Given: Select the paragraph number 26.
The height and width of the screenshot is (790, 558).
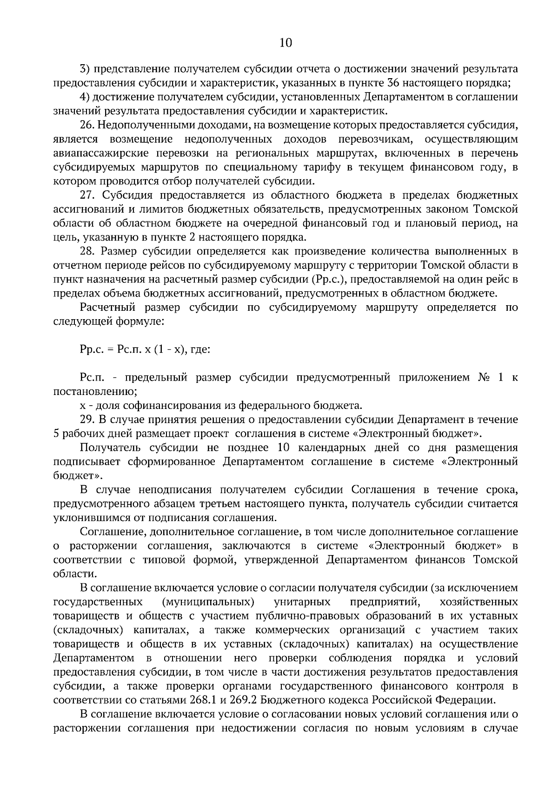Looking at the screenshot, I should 87,125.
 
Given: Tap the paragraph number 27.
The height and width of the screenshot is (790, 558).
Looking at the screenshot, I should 87,195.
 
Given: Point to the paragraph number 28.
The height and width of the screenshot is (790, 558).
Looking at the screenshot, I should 87,252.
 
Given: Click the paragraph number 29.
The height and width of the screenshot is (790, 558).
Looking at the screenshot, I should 87,420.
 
